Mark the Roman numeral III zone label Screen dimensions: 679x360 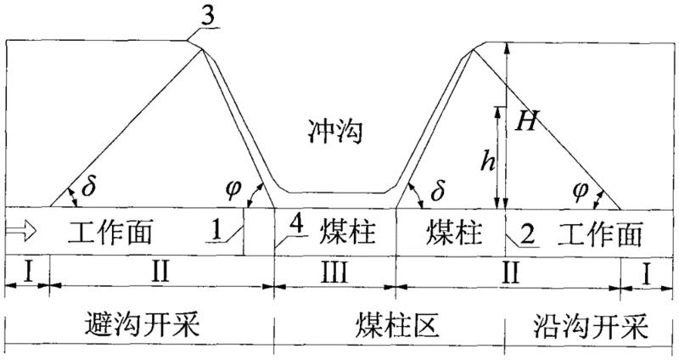(333, 274)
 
